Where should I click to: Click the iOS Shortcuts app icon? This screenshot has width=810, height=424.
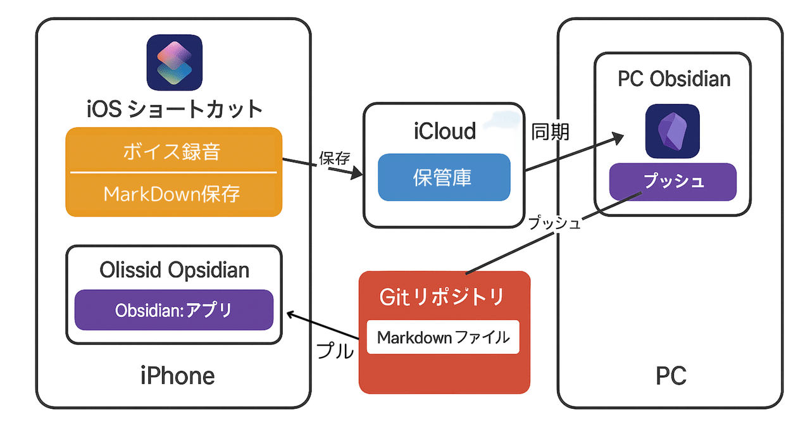(x=175, y=62)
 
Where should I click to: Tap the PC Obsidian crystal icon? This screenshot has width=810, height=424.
(x=672, y=132)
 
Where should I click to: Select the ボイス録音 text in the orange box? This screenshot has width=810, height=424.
(x=173, y=153)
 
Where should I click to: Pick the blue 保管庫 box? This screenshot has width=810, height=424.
(x=444, y=177)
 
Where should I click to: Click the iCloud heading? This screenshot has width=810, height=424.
(x=444, y=132)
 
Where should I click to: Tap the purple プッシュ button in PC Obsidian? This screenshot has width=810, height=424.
(x=673, y=182)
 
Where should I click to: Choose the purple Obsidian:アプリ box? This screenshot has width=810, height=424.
(x=173, y=310)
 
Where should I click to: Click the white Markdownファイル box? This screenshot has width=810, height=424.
(x=443, y=337)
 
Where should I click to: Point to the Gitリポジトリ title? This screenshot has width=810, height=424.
(x=442, y=296)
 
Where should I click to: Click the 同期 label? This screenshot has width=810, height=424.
(x=550, y=132)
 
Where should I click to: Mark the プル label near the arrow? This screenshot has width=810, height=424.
(x=334, y=350)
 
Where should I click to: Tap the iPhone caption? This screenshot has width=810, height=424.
(x=177, y=377)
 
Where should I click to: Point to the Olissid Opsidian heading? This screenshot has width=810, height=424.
(x=174, y=270)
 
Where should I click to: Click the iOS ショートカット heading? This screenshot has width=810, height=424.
(x=175, y=109)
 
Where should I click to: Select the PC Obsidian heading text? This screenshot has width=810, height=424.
(x=674, y=79)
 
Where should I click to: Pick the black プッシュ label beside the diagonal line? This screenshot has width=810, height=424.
(x=554, y=223)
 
